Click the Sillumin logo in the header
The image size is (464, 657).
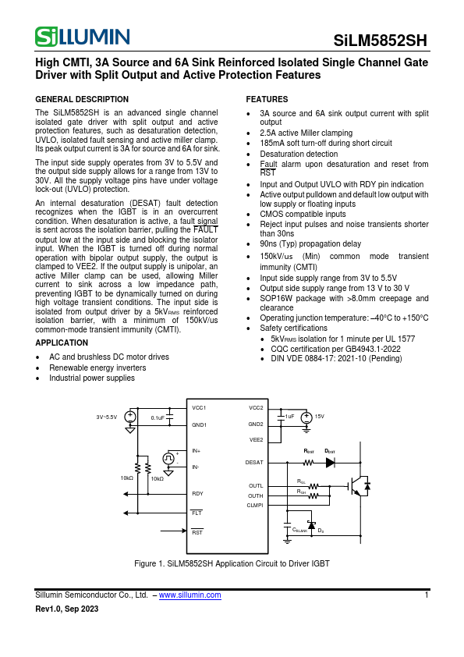pos(82,36)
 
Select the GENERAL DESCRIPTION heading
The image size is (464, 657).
pos(83,99)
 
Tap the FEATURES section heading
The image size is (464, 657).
pos(267,99)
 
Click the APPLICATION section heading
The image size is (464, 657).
pos(62,343)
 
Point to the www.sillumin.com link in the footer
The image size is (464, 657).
pos(189,595)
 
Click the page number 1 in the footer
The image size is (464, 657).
pos(427,595)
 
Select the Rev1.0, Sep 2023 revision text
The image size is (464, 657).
pos(68,609)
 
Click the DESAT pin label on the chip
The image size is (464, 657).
pos(254,463)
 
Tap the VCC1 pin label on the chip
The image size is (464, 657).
pos(199,408)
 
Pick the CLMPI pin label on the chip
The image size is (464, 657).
pos(255,506)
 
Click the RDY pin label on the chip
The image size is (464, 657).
pos(197,494)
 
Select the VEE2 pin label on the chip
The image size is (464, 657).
pos(256,439)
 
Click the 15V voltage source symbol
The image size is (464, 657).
pos(306,417)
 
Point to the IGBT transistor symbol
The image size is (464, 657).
pos(360,486)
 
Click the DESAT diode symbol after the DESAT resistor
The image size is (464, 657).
pos(330,462)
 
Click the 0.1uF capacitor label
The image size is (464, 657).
pos(158,417)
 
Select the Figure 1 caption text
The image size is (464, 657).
pos(232,563)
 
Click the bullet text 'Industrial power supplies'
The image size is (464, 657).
pos(91,378)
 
